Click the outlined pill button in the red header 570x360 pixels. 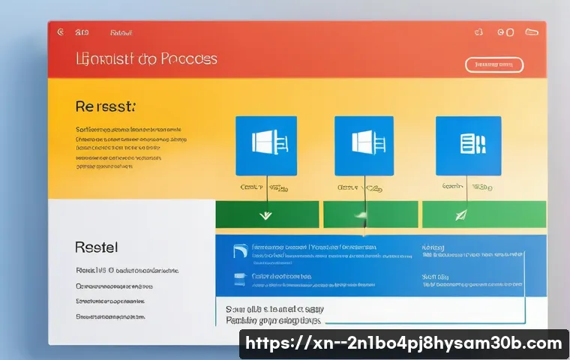(494, 64)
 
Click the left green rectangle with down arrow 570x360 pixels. (266, 214)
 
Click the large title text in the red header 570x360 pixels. (146, 58)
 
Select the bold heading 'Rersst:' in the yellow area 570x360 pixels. (105, 107)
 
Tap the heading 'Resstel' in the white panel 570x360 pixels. (97, 247)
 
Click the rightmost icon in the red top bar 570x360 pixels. (532, 33)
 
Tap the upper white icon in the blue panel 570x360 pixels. (240, 251)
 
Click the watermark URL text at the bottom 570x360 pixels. (403, 344)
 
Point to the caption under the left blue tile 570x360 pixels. (264, 187)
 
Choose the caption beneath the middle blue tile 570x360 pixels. (362, 187)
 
